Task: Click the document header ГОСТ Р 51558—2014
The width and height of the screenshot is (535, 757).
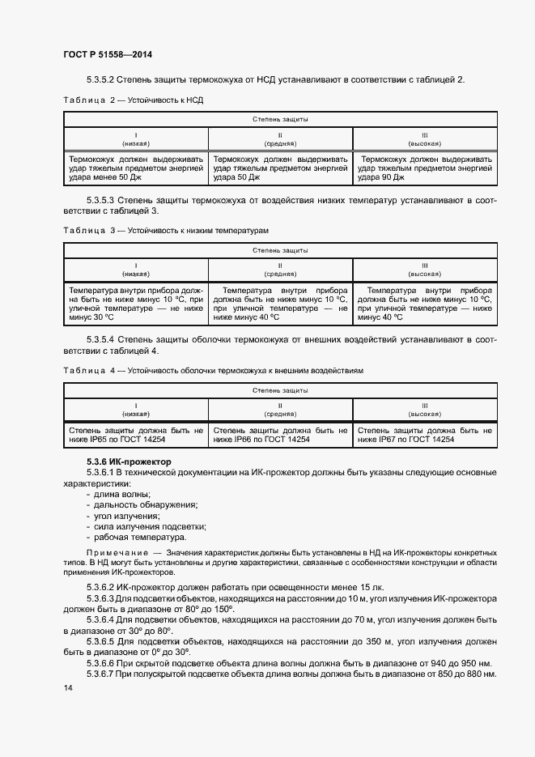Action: tap(107, 54)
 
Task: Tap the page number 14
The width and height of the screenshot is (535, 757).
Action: tap(67, 687)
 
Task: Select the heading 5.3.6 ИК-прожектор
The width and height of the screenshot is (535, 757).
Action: tap(123, 460)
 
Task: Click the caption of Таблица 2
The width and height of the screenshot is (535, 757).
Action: tap(133, 101)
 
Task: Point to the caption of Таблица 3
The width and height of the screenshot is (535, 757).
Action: tap(165, 231)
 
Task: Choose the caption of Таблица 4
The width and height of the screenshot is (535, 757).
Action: tap(213, 370)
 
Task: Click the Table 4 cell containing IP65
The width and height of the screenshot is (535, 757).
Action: tap(136, 435)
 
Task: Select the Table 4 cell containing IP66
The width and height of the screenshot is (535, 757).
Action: tap(280, 435)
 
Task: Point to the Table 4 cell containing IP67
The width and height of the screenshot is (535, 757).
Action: tap(424, 435)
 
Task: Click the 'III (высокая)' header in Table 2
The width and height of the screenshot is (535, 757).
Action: tap(424, 138)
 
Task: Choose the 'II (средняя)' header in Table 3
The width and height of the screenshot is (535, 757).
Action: tap(280, 270)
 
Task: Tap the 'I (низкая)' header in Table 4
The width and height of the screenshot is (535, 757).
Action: tap(136, 409)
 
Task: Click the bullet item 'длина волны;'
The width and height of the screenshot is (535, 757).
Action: tap(121, 494)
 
